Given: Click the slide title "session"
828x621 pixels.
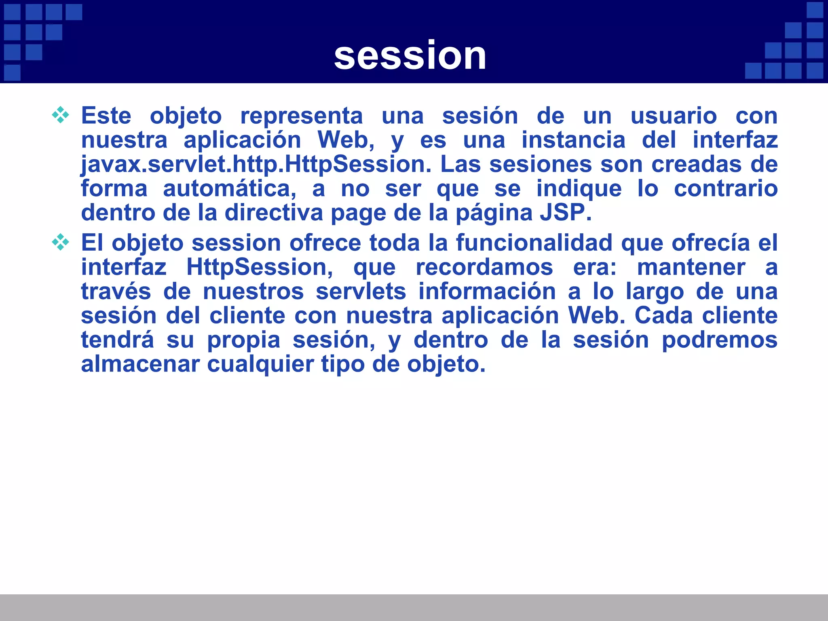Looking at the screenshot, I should pyautogui.click(x=410, y=55).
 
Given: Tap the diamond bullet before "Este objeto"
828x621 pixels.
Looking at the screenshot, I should pyautogui.click(x=60, y=115).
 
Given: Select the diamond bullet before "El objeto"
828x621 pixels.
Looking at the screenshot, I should pyautogui.click(x=60, y=242).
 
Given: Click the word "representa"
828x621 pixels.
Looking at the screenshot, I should pyautogui.click(x=302, y=116).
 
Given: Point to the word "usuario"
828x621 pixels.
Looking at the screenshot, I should pyautogui.click(x=674, y=116).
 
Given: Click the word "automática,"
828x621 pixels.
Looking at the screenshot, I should pyautogui.click(x=229, y=189).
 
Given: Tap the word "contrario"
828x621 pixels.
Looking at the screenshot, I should pyautogui.click(x=725, y=189).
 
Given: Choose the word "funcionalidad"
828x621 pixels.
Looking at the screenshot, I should pyautogui.click(x=534, y=243).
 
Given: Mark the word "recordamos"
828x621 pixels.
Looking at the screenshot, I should pyautogui.click(x=484, y=267).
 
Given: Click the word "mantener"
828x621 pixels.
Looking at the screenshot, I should pyautogui.click(x=691, y=267).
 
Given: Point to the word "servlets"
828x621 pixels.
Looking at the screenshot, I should pyautogui.click(x=361, y=291).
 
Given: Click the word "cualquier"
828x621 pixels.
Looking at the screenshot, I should pyautogui.click(x=260, y=365).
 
